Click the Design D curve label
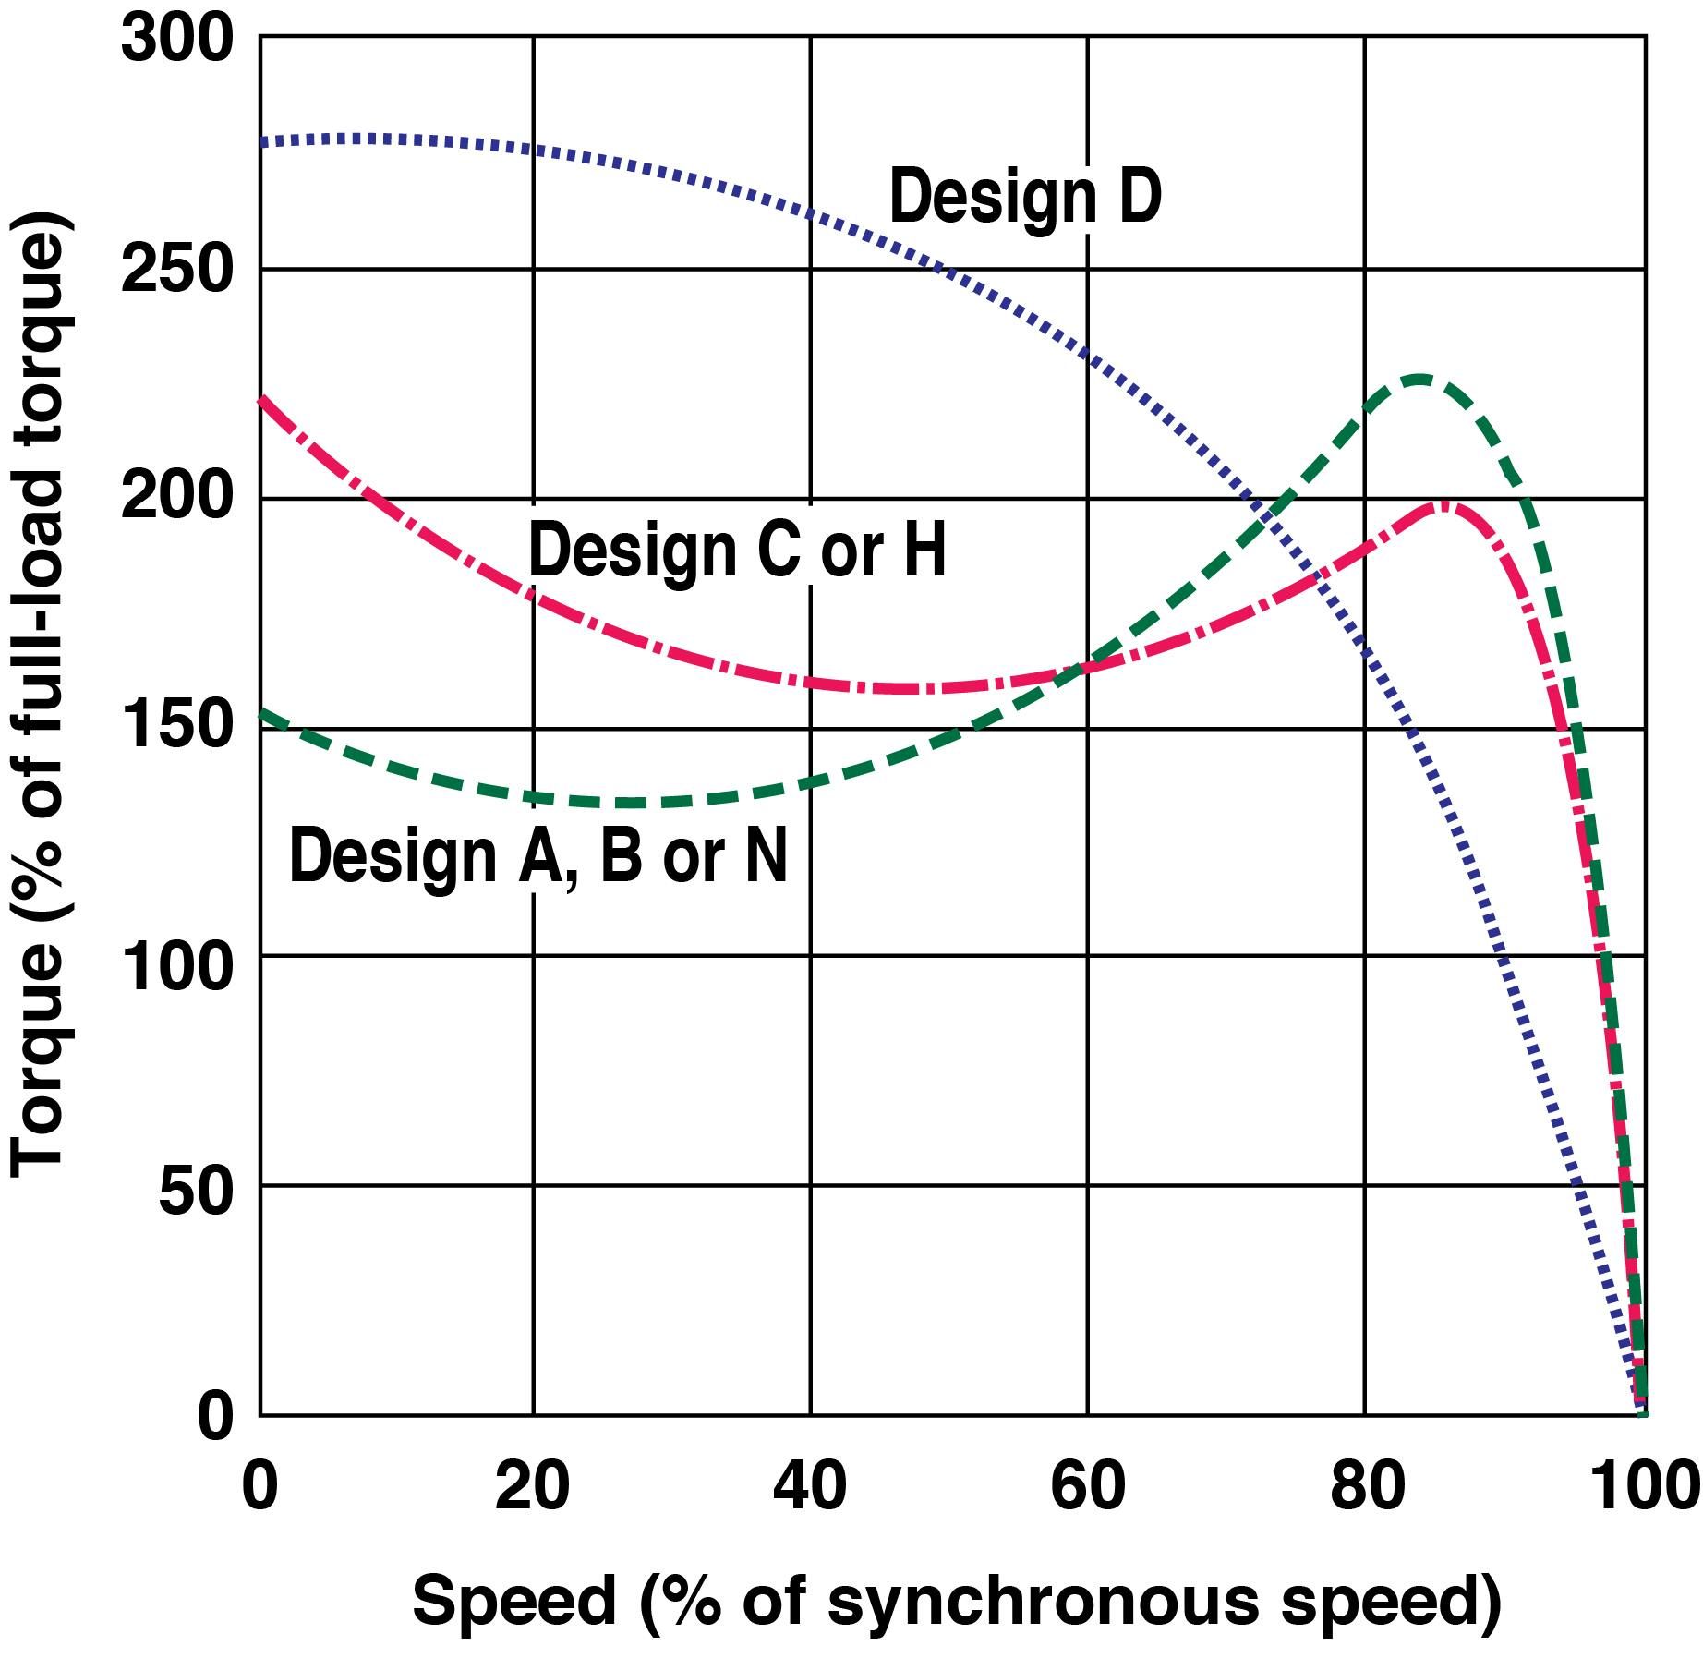pyautogui.click(x=1025, y=198)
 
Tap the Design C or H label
pyautogui.click(x=737, y=551)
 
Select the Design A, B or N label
pyautogui.click(x=538, y=855)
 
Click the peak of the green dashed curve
pyautogui.click(x=1419, y=378)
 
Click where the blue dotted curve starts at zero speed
pyautogui.click(x=262, y=142)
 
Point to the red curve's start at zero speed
pyautogui.click(x=262, y=399)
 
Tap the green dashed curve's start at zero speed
pyautogui.click(x=262, y=711)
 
